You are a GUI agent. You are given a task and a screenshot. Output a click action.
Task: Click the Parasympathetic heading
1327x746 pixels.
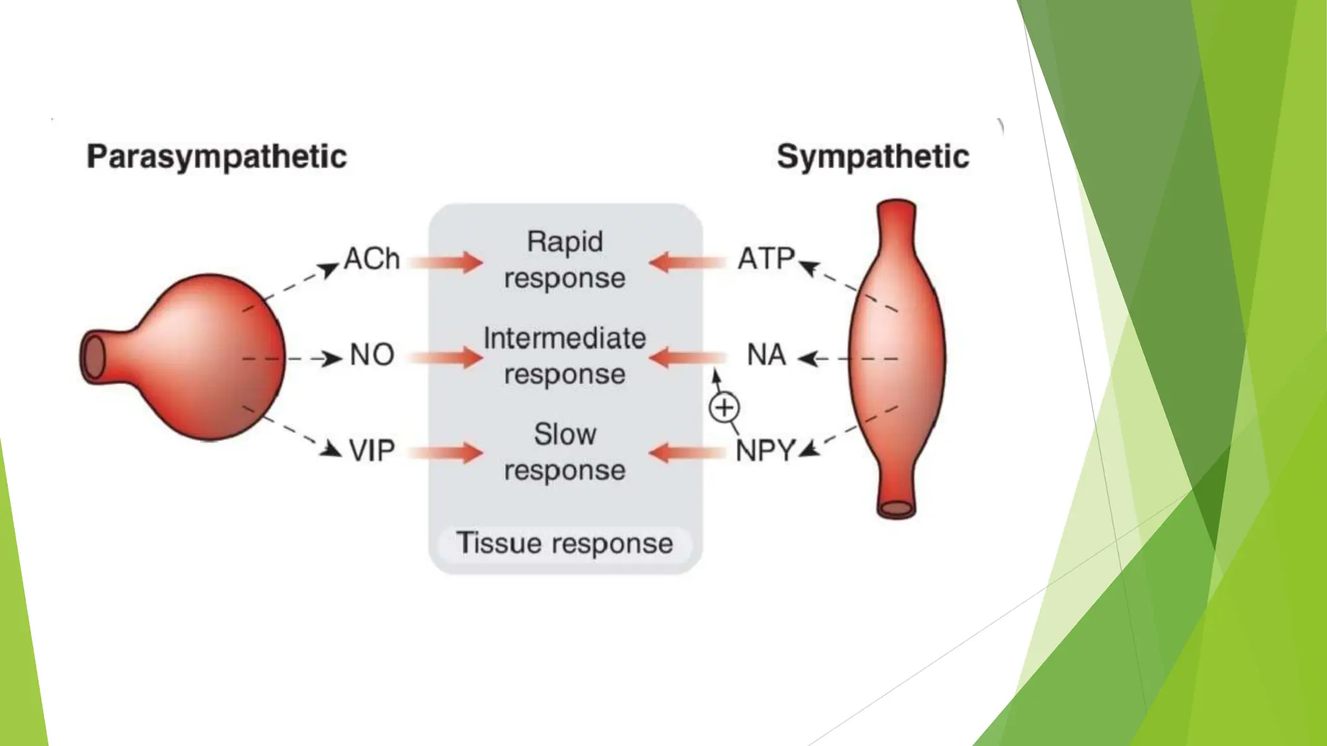tap(216, 157)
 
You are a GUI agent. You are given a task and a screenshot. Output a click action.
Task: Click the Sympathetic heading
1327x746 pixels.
tap(872, 157)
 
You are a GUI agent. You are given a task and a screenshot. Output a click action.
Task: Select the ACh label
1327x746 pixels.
tap(371, 259)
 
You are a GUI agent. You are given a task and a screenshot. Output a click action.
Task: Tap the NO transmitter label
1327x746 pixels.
tap(371, 355)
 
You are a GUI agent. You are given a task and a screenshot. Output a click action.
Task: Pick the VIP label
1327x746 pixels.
tap(371, 451)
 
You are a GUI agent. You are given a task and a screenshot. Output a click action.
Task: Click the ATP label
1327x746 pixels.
tap(766, 259)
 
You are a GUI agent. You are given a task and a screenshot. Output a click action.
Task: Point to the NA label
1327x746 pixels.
tap(766, 355)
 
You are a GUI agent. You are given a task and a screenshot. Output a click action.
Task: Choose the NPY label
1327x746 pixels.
tap(765, 451)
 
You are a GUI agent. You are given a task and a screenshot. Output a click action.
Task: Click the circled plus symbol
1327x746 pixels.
tap(724, 408)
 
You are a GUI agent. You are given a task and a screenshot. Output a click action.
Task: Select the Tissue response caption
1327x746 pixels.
tap(564, 543)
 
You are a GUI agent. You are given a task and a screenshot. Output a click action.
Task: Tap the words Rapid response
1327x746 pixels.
tap(564, 260)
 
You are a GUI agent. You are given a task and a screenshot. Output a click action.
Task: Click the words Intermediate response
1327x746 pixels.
tap(564, 356)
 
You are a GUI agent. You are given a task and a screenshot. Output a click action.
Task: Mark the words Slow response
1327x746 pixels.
tap(564, 451)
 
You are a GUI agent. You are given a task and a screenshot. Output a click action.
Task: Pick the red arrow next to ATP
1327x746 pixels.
tap(687, 263)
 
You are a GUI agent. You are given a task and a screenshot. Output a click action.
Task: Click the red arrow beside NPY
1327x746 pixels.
tap(687, 453)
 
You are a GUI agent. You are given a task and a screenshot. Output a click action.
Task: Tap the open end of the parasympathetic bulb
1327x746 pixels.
tap(94, 357)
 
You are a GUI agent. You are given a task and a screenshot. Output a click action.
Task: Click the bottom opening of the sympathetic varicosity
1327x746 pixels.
tap(896, 508)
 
